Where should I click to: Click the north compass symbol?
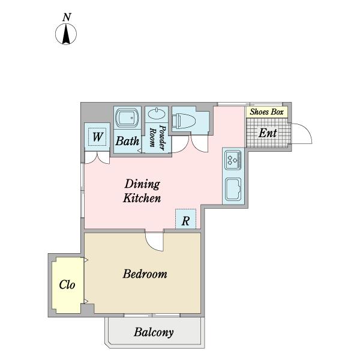(x=66, y=34)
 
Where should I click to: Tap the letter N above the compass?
(x=67, y=17)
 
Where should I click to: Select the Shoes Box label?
(x=266, y=112)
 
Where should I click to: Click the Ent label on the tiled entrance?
(x=268, y=133)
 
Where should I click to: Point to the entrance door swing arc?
(x=308, y=131)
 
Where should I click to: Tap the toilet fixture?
(x=184, y=121)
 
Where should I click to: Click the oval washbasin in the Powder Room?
(x=157, y=114)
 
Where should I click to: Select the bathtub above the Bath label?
(x=127, y=118)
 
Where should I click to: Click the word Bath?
(x=127, y=141)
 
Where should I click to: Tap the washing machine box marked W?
(x=97, y=137)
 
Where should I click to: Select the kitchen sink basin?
(x=233, y=190)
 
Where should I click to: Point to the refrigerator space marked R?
(x=186, y=219)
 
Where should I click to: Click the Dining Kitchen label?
(x=142, y=191)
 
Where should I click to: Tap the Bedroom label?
(x=145, y=274)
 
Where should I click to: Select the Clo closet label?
(x=67, y=284)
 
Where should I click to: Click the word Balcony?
(x=154, y=332)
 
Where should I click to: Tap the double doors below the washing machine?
(x=97, y=158)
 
